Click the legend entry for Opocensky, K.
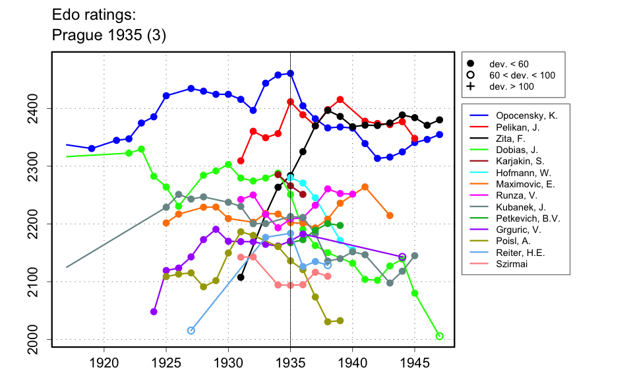(526, 115)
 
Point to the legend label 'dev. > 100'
(512, 86)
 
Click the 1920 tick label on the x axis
(104, 362)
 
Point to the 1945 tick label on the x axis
(415, 362)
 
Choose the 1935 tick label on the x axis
(291, 362)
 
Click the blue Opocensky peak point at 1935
(291, 73)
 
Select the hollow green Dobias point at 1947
(440, 336)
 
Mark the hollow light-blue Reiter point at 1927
(191, 331)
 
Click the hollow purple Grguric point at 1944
(402, 257)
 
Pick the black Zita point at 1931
(241, 277)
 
